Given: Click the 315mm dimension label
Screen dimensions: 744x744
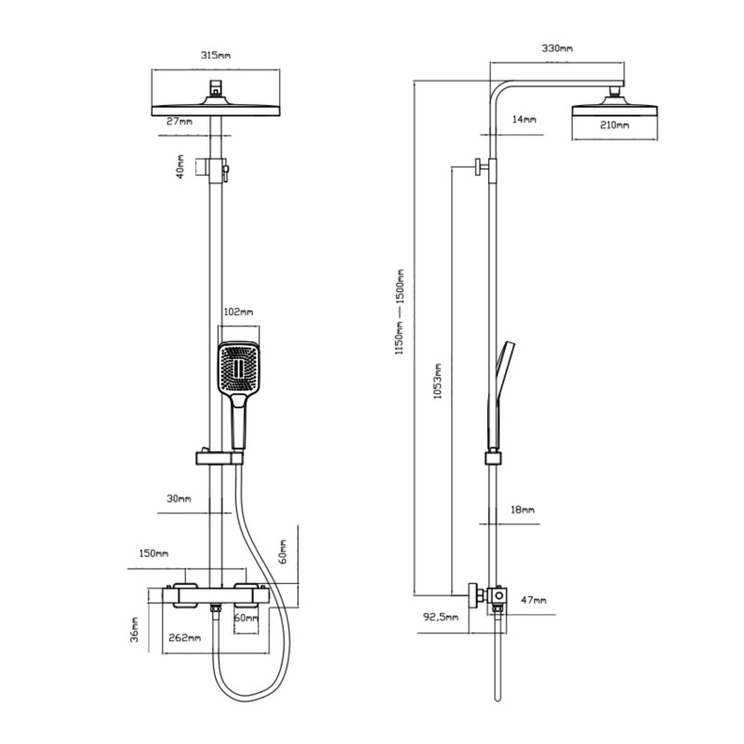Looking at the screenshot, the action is [216, 55].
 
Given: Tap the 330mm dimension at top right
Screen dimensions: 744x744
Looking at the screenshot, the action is [557, 48].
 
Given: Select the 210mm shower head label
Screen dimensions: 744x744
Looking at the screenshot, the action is [615, 125].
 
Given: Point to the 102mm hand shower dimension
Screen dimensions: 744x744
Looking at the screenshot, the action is [238, 312].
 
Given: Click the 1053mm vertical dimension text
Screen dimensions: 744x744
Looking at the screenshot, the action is [437, 381].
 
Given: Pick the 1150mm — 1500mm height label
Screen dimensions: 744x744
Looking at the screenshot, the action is [400, 312].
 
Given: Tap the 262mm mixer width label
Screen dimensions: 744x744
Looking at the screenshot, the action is [184, 637].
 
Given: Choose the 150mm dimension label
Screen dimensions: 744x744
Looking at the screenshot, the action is [153, 553].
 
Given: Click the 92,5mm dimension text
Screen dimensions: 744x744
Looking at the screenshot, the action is [441, 617].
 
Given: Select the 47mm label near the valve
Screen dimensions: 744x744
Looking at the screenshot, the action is [534, 600].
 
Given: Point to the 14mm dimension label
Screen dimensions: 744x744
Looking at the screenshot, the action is [524, 119].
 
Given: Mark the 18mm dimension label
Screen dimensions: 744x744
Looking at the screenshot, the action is [523, 510].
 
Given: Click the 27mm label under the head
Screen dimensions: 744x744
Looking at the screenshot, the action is [179, 121].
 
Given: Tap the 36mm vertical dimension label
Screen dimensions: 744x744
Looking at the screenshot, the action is [134, 631].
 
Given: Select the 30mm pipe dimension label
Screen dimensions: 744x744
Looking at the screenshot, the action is [179, 498].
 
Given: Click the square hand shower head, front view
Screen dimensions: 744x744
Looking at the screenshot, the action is [239, 367].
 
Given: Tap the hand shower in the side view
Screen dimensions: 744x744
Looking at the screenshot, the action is [499, 395].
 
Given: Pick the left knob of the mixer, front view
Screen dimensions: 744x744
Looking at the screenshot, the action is [186, 595].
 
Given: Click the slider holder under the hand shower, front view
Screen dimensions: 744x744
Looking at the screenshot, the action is [219, 458].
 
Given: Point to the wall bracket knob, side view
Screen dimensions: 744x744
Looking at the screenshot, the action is [478, 166].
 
